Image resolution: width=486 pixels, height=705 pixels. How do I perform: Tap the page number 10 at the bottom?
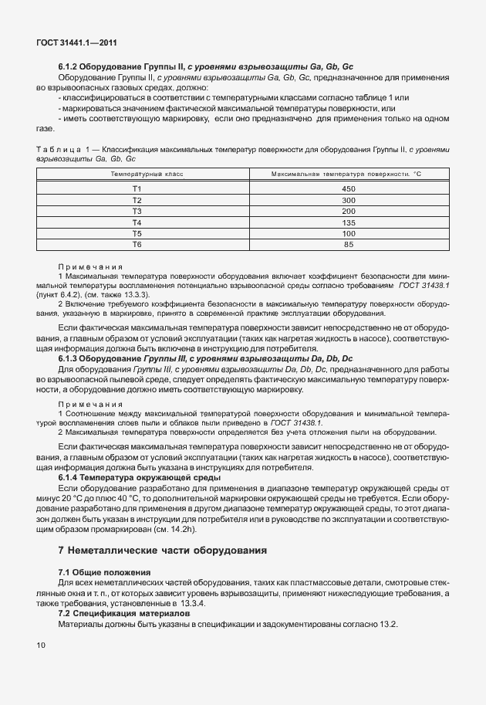(x=41, y=644)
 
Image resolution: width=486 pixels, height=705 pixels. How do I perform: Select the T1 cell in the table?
(x=137, y=188)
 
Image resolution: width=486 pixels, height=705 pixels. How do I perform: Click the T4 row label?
(x=137, y=222)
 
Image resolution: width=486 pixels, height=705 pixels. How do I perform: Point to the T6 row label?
(x=137, y=244)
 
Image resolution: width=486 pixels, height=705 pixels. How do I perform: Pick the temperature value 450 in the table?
(x=348, y=188)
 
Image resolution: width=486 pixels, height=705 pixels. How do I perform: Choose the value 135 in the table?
(x=348, y=222)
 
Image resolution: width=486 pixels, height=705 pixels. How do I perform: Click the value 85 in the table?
(x=348, y=244)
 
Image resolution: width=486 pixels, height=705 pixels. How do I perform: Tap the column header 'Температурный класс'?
(x=137, y=175)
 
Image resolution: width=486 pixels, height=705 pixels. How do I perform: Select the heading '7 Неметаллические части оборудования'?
(x=162, y=551)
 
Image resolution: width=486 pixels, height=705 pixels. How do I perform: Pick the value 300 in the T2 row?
(x=348, y=199)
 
